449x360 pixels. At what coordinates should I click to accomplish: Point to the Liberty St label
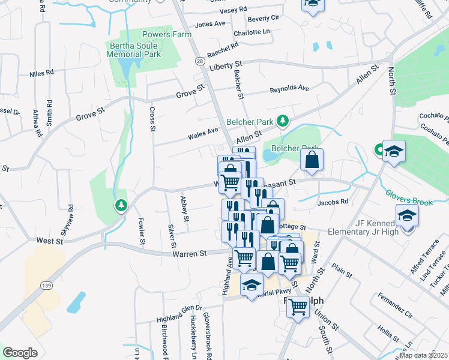point(226,64)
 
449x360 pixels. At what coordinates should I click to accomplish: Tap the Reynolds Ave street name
point(289,89)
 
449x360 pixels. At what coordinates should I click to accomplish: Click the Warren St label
point(190,254)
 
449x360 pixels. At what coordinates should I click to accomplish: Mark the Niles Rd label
point(41,74)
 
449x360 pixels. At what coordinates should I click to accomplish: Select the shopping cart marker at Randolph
point(298,307)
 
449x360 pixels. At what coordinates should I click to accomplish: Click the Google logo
point(20,353)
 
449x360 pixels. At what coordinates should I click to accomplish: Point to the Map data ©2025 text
point(423,355)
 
